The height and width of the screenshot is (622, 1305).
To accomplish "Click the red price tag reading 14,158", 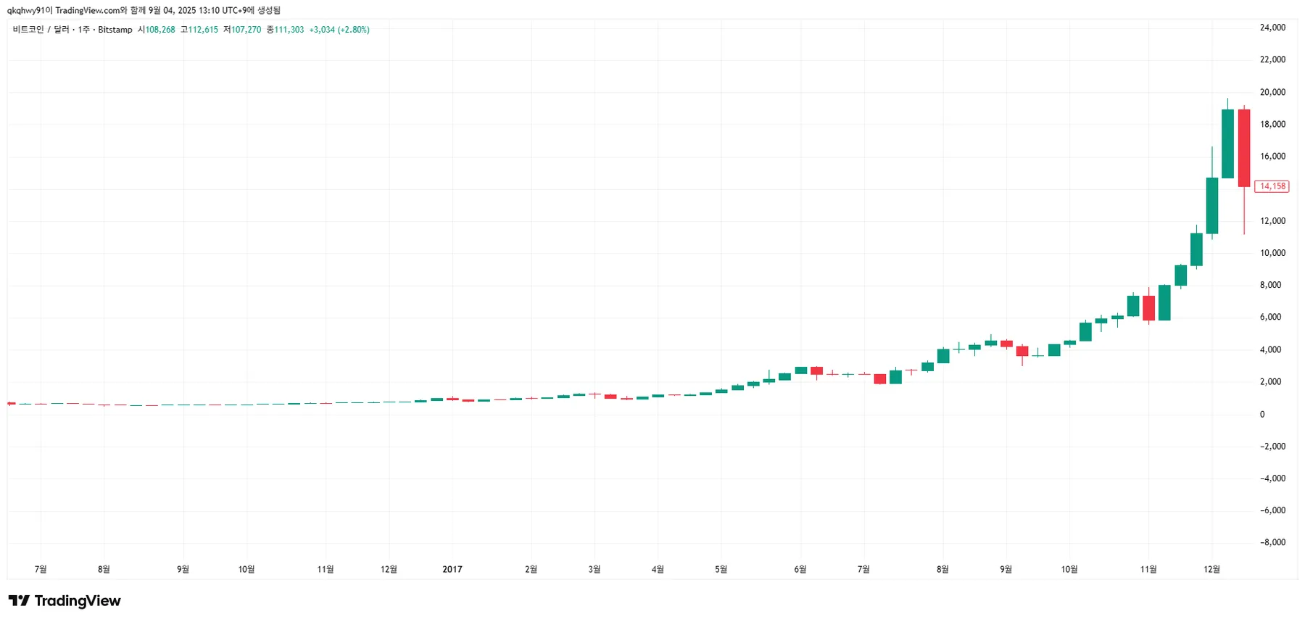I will coord(1272,186).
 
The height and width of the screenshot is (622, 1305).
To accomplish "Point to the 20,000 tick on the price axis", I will coord(1272,92).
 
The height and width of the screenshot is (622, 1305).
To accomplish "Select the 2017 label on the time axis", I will coord(452,569).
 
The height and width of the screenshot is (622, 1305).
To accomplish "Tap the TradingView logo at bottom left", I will coord(65,601).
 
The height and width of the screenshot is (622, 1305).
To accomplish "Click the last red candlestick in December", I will coord(1244,148).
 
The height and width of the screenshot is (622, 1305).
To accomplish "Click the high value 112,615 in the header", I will coord(203,30).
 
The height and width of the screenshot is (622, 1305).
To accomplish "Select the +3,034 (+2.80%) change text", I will coord(339,30).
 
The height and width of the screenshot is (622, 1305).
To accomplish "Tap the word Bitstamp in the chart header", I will coord(115,30).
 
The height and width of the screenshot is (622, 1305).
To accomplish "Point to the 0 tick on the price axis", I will coord(1262,415).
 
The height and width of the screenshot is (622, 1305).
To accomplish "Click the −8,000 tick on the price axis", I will coord(1272,542).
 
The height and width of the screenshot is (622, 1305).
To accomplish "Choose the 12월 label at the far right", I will coord(1211,569).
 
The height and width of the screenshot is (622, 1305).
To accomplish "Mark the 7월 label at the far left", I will coord(41,569).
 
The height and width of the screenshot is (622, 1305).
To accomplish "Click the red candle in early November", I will coord(1148,308).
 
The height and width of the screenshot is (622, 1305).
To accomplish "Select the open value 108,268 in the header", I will coord(160,30).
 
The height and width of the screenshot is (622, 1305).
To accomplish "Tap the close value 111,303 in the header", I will coord(289,30).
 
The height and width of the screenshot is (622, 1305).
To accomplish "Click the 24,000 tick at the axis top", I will coord(1272,28).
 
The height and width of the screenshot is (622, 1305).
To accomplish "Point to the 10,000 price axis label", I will coord(1272,253).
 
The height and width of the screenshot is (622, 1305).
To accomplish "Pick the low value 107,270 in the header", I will coord(246,30).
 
